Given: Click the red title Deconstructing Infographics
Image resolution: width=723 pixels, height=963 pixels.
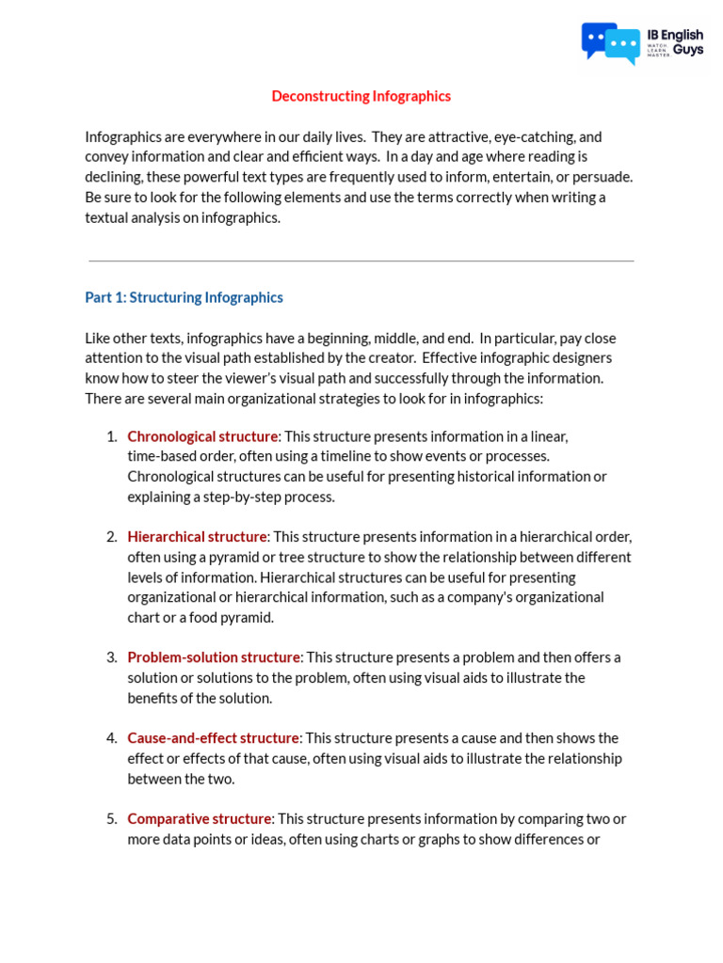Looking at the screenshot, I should click(x=361, y=96).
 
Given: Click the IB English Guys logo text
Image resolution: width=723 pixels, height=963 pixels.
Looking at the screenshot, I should click(x=675, y=42).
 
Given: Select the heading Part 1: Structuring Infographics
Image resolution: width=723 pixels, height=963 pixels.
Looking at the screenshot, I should click(x=184, y=297).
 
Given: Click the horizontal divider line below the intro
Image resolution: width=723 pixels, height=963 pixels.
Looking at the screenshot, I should click(x=361, y=260).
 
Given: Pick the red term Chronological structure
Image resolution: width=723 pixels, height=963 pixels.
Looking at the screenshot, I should click(x=202, y=436).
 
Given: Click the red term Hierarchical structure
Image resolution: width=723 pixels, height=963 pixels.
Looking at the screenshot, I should click(x=197, y=537).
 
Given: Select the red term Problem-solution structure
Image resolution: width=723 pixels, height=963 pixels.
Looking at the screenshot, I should click(x=214, y=657).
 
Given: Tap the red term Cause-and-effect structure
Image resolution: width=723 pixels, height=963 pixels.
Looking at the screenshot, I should click(x=213, y=738).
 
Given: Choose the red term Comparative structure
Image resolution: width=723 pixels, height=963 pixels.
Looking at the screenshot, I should click(x=200, y=819).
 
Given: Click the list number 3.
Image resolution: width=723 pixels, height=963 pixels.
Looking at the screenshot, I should click(x=111, y=657).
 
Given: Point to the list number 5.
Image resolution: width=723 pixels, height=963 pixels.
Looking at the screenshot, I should click(x=111, y=819).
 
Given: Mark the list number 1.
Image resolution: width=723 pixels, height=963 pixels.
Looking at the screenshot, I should click(x=111, y=436).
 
